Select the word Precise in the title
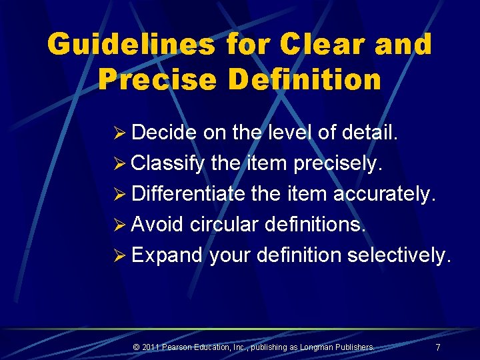coord(157,79)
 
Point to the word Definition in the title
coord(305,79)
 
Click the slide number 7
coord(437,347)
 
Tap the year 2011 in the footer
coord(151,347)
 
